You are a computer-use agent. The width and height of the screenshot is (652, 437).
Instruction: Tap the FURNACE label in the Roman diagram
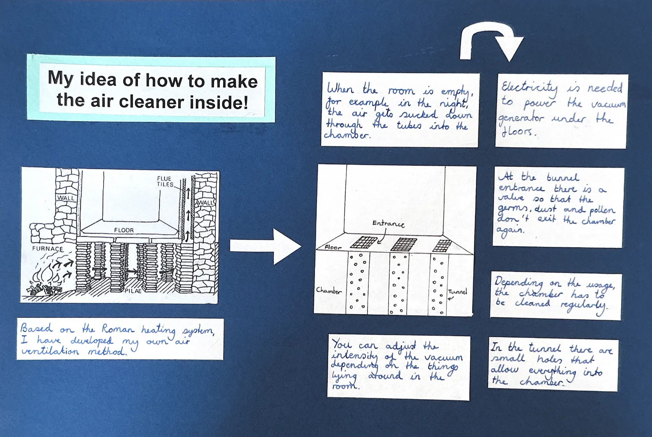tap(48, 249)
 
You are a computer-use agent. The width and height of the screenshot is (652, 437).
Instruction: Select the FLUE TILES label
tap(165, 182)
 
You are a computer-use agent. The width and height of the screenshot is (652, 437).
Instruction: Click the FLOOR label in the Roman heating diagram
tap(124, 230)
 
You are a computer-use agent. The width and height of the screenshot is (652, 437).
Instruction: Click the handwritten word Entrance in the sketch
tap(388, 224)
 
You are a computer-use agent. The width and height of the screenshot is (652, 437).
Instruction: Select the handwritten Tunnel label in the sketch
tap(458, 292)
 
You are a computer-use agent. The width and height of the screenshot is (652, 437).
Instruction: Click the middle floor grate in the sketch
tap(403, 244)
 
